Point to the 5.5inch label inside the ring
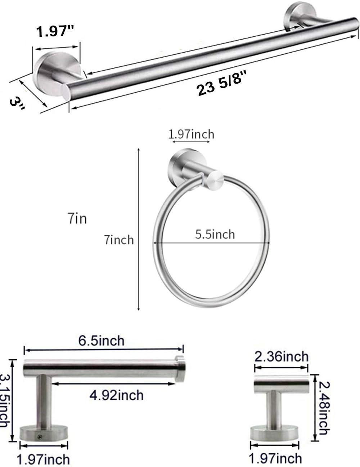(x=215, y=234)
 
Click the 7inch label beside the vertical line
(x=119, y=239)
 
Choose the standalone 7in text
(x=77, y=218)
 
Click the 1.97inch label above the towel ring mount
(x=191, y=134)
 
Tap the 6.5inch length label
(x=102, y=340)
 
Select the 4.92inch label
(x=116, y=395)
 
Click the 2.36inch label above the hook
(x=282, y=356)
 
